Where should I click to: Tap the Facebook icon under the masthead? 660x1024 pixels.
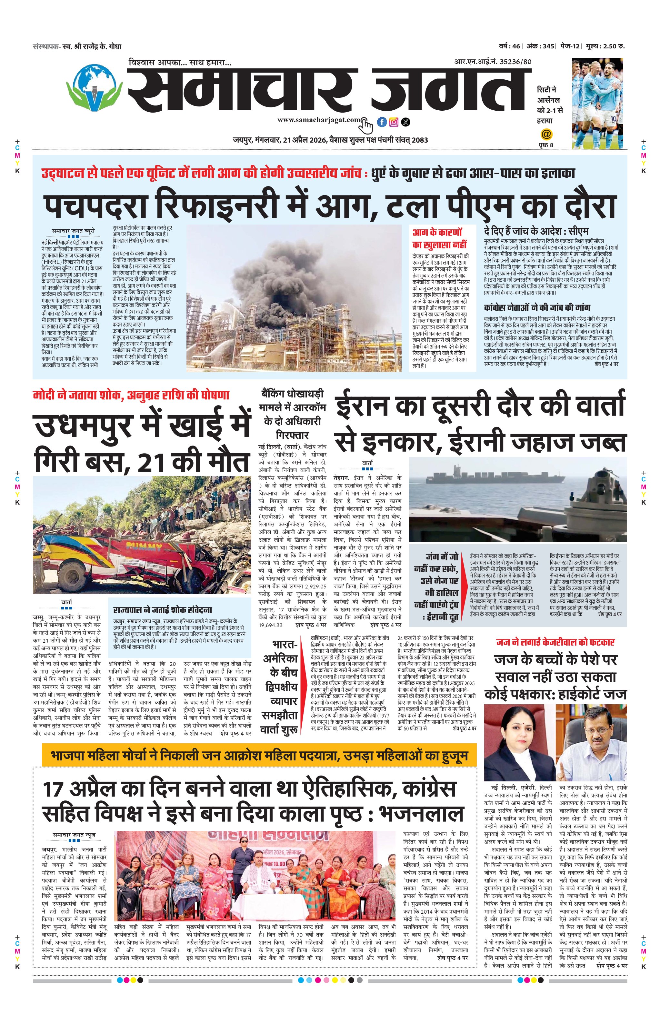(381, 122)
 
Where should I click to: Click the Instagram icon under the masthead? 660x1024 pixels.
(394, 122)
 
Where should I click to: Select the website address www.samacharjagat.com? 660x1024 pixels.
(318, 120)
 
